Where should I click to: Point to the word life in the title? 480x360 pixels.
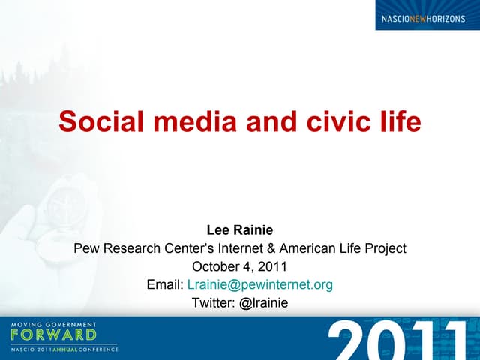coord(398,121)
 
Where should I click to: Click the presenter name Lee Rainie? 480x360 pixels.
coord(239,230)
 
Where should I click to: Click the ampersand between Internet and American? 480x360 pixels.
coord(271,248)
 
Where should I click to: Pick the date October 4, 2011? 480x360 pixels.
coord(239,266)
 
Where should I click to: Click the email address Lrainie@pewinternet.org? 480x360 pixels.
coord(259,284)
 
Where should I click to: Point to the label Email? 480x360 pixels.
coord(165,284)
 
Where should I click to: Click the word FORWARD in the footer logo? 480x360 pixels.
coord(53,334)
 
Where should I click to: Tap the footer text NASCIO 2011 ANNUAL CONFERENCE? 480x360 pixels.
coord(64,349)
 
